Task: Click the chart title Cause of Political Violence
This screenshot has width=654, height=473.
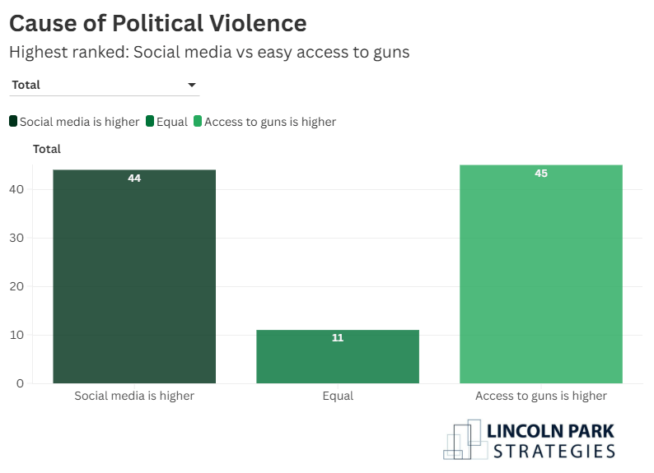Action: [157, 23]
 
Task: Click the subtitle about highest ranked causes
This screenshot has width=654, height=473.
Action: [209, 52]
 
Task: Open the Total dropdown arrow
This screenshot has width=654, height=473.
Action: [192, 85]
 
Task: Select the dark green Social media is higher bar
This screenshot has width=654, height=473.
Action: [134, 280]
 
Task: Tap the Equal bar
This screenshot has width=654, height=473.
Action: [338, 358]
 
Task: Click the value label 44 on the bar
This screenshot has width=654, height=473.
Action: [134, 178]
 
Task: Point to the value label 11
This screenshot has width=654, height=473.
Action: [338, 337]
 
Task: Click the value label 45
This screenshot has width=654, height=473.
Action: [541, 174]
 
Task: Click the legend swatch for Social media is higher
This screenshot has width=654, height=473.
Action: [13, 122]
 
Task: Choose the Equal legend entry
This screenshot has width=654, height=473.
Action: [167, 122]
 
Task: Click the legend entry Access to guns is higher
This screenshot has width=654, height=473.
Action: [264, 122]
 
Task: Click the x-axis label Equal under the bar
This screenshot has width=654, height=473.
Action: [338, 396]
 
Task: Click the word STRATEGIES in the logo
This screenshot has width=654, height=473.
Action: [554, 450]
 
